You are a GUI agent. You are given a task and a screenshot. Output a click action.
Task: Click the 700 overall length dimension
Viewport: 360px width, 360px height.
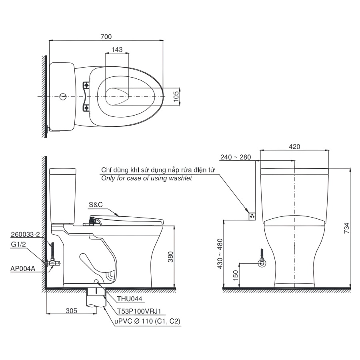tap(106, 37)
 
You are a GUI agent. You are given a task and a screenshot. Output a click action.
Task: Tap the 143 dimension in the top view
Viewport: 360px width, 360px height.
tap(117, 50)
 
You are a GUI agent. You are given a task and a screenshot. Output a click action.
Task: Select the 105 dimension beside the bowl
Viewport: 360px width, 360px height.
tap(176, 96)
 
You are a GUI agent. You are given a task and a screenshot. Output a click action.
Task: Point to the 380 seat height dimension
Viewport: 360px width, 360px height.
tap(170, 257)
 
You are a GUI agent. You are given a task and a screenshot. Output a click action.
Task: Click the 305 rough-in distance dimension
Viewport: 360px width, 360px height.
tap(72, 311)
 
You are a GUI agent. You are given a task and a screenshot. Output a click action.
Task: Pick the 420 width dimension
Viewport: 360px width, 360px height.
tap(294, 147)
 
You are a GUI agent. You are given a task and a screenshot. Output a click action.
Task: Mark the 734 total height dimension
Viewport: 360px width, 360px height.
tap(347, 228)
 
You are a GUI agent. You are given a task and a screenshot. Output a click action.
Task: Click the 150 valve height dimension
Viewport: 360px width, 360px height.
tap(236, 276)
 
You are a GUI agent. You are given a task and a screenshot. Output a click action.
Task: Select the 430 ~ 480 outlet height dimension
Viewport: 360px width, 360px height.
tap(220, 254)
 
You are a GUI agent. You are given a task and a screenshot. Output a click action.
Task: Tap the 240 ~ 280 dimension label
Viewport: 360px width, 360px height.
tap(236, 157)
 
